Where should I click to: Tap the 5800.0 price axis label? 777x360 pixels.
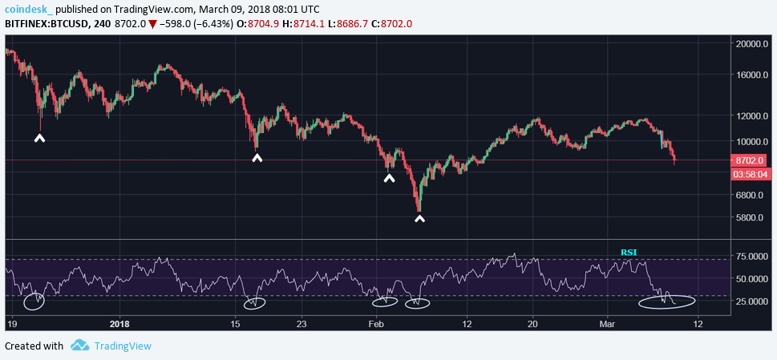[754, 217]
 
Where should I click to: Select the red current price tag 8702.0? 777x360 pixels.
[754, 160]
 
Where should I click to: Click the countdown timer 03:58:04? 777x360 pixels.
[754, 172]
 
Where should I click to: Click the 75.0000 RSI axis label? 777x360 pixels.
[753, 257]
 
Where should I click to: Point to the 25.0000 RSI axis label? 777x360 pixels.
[753, 301]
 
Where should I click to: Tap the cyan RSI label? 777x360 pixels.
[629, 253]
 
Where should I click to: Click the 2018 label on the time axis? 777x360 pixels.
[119, 324]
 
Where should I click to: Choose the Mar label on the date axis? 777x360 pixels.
[607, 324]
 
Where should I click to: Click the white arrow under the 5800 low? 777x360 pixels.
[419, 217]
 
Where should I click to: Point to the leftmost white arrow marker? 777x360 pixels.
[39, 139]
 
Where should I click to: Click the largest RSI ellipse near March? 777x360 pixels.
[666, 301]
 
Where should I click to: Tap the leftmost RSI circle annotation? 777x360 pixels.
[34, 301]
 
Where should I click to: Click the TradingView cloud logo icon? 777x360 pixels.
[79, 346]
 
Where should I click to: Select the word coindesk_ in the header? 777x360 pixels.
[30, 9]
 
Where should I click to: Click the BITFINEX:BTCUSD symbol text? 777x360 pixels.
[47, 24]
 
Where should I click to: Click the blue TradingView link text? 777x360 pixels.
[123, 346]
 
